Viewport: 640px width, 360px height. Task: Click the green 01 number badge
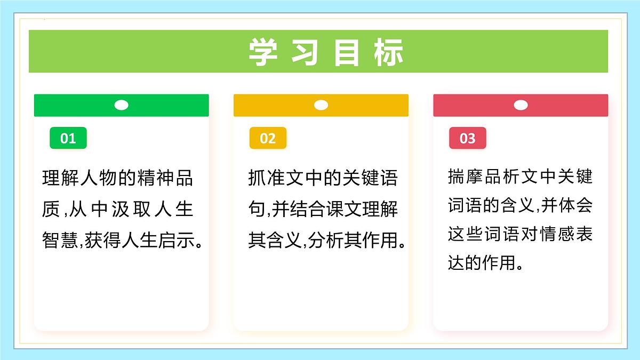tap(68, 139)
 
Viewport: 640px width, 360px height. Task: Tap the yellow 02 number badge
tap(268, 139)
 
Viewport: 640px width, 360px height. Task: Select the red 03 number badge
tap(467, 139)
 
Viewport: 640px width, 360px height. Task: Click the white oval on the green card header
tap(121, 105)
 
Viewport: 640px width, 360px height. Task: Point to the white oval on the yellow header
tap(321, 105)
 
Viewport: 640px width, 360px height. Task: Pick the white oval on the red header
tap(521, 105)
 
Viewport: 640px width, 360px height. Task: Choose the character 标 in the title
tap(389, 52)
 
